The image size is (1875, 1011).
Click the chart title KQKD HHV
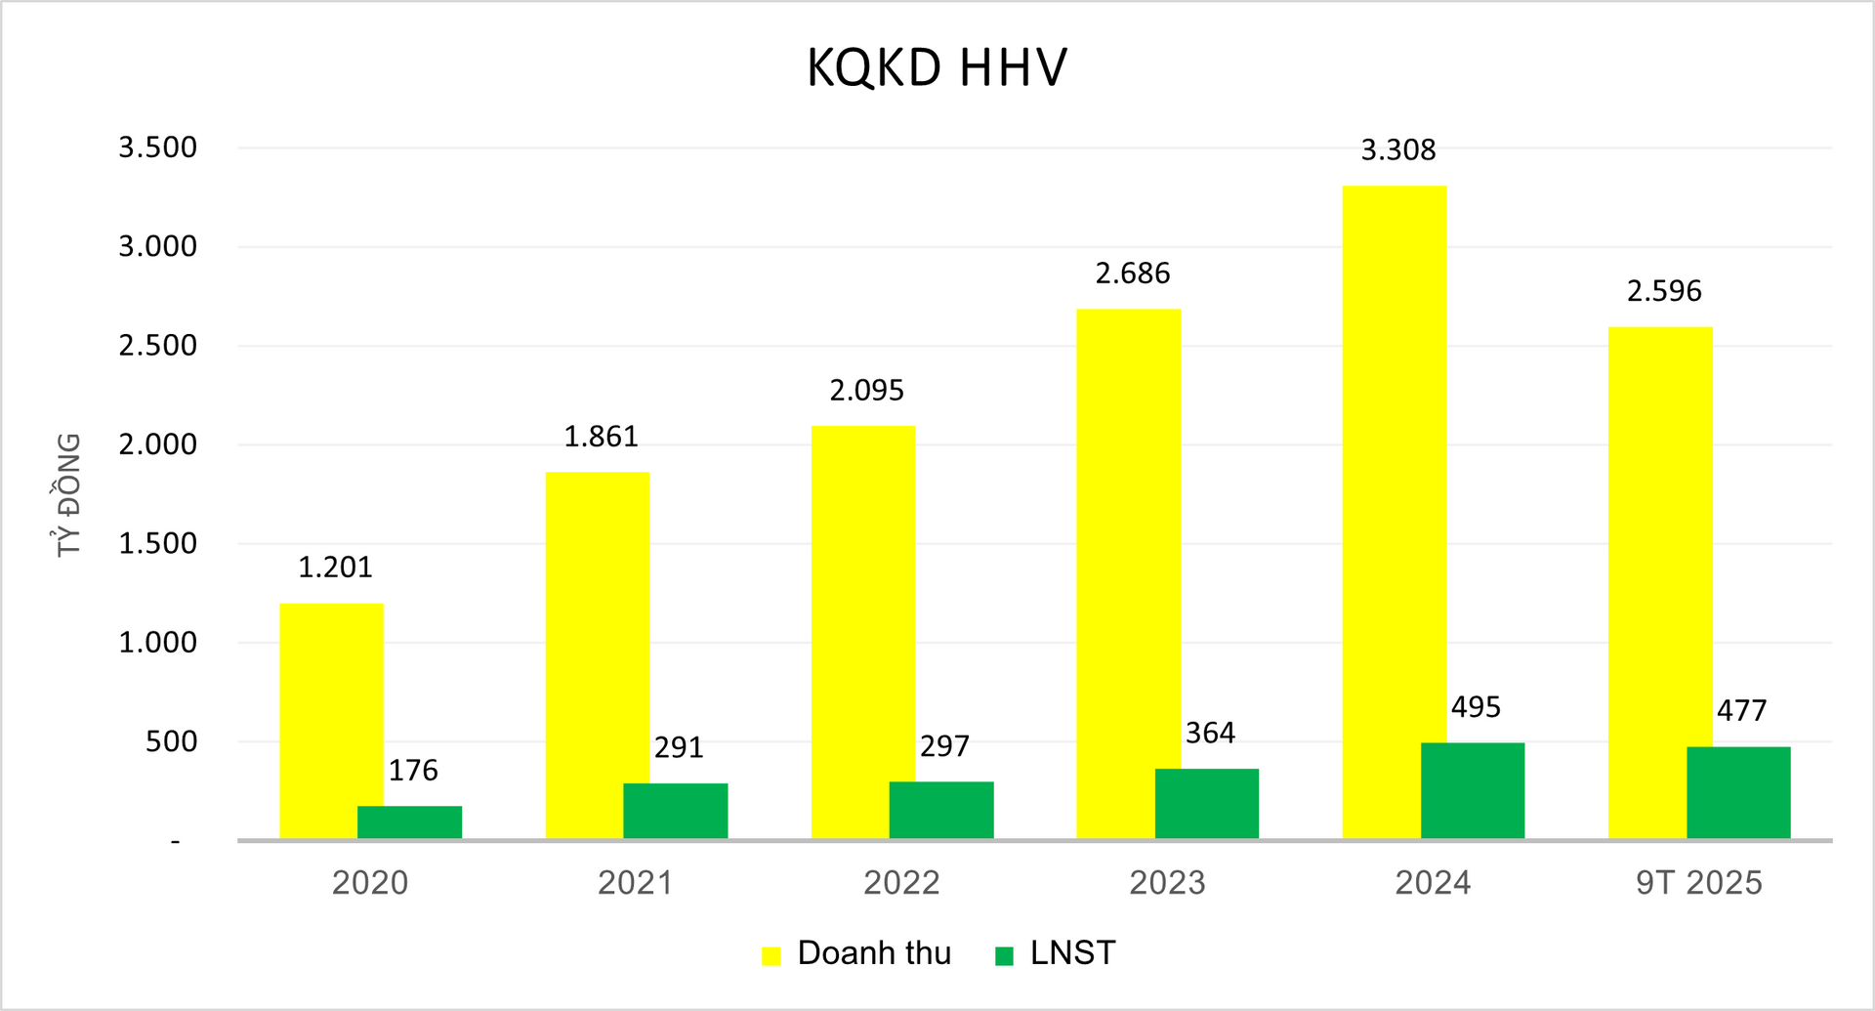click(x=937, y=68)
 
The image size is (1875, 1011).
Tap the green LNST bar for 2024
click(x=1472, y=790)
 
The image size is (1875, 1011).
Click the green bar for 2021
click(x=675, y=811)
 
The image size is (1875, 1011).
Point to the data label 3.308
click(x=1397, y=150)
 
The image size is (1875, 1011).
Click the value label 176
click(x=413, y=771)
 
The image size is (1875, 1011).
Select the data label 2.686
click(x=1132, y=274)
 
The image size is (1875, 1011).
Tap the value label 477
click(x=1741, y=710)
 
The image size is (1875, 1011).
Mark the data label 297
click(x=944, y=746)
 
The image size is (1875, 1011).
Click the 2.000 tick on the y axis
click(x=158, y=444)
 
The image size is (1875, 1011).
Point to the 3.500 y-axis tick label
click(x=158, y=147)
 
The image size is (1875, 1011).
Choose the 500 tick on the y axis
click(x=171, y=741)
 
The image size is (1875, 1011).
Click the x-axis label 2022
click(x=901, y=883)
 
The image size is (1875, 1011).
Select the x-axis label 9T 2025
click(x=1698, y=883)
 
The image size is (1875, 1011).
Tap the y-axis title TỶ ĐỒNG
click(x=68, y=494)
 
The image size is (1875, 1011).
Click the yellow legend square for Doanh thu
click(x=771, y=955)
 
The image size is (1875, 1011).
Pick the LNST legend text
click(x=1072, y=953)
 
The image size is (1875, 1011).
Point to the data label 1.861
click(x=601, y=437)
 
